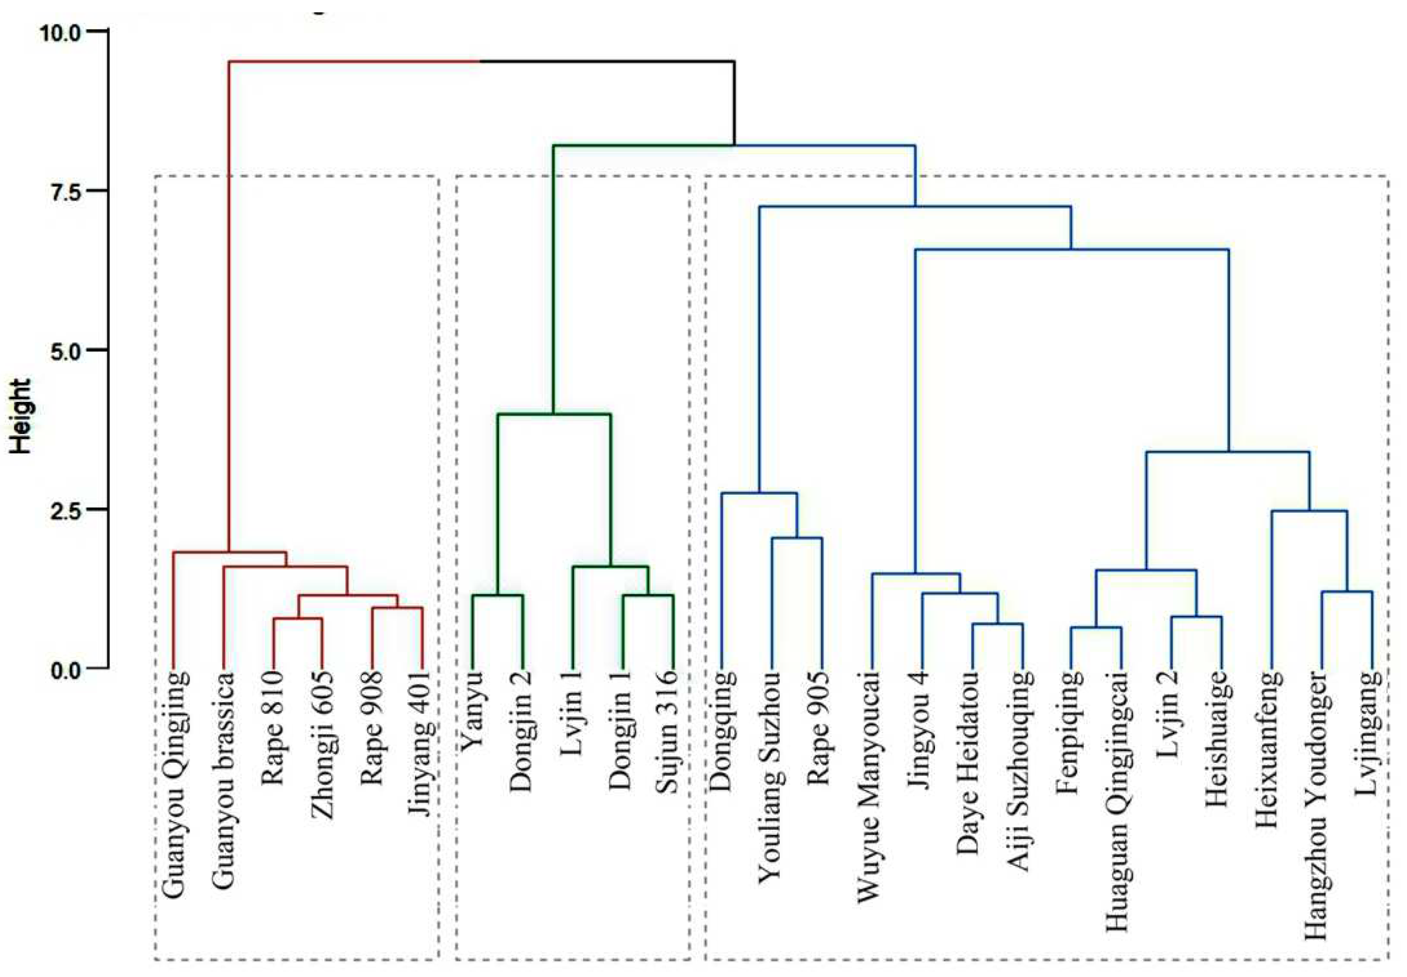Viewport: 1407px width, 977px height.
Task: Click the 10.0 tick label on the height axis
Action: tap(59, 31)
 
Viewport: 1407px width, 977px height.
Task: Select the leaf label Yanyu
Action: tap(472, 710)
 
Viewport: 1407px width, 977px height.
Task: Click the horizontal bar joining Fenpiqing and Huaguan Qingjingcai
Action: tap(1095, 628)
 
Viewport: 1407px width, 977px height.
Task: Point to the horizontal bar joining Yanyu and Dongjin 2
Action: tap(497, 595)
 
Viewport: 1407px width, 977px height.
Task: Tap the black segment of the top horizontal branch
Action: tap(606, 61)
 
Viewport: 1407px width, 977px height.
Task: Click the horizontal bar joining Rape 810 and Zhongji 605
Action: tap(298, 619)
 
